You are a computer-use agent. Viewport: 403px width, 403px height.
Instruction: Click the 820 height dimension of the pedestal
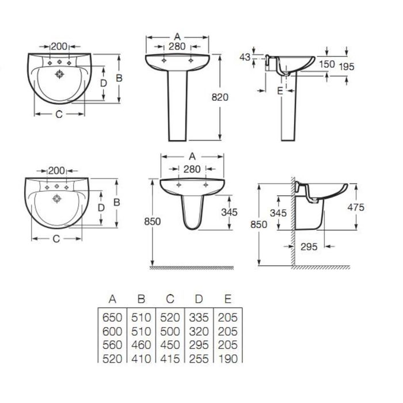(x=220, y=97)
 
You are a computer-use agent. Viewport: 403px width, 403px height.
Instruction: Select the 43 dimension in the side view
(x=245, y=57)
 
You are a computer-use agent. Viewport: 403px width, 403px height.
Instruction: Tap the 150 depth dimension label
(x=326, y=64)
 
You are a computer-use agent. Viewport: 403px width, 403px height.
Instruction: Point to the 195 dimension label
(x=347, y=67)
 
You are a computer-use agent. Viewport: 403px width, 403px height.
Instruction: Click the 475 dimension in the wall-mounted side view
(x=356, y=207)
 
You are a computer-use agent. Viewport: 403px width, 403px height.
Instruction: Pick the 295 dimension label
(x=309, y=247)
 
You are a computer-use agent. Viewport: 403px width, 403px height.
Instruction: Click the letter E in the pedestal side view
(x=280, y=91)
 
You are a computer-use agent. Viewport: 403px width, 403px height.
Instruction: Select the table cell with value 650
(x=112, y=318)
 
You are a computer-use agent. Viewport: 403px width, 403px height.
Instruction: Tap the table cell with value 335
(x=199, y=318)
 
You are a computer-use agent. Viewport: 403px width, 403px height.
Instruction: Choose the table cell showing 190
(x=228, y=359)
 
